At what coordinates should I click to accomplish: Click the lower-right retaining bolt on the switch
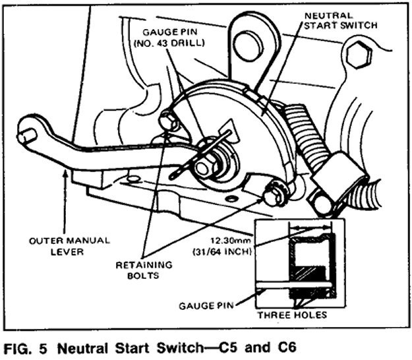272,194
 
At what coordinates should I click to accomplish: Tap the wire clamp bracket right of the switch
343,174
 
